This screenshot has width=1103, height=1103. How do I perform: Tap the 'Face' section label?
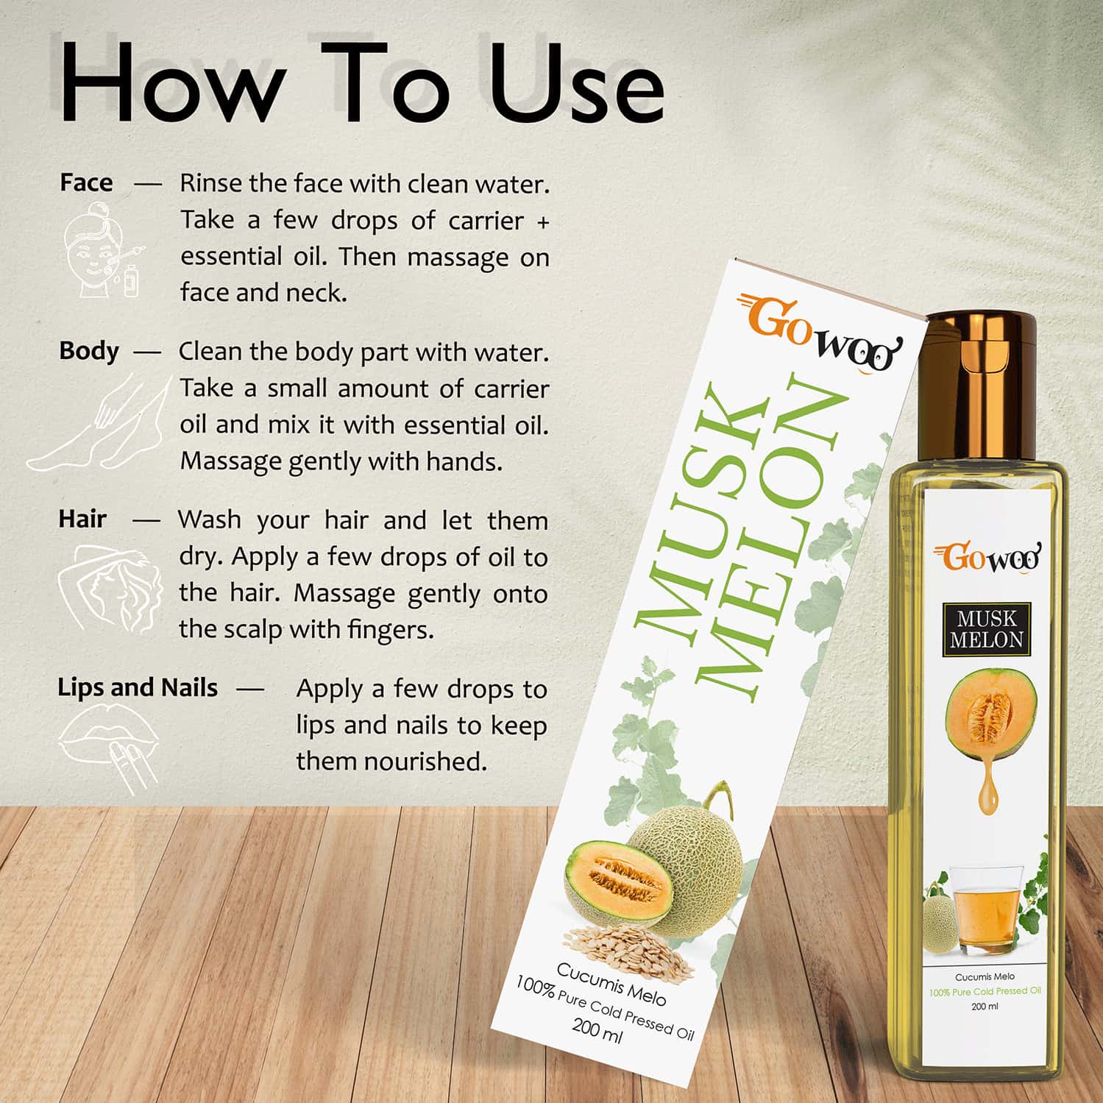86,182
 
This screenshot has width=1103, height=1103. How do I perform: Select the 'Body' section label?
88,351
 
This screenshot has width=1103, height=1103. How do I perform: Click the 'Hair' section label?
82,519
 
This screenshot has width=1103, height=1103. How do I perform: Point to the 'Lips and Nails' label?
138,687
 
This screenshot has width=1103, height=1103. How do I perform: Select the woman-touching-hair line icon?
110,589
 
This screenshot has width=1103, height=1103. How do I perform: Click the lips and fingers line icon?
110,751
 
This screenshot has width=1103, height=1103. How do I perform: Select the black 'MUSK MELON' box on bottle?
986,629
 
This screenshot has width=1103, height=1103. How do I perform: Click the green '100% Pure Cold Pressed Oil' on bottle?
984,991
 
